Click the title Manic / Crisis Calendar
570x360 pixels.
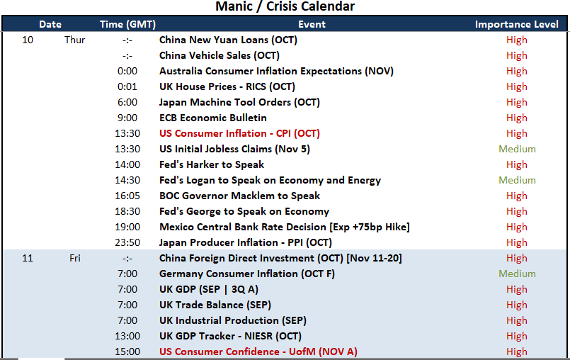coord(285,6)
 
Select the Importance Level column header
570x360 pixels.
coord(517,24)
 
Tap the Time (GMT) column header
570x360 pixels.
coord(127,24)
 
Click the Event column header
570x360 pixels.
coord(312,24)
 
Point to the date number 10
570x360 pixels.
coord(28,40)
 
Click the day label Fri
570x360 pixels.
coord(75,258)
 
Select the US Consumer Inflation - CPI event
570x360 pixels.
coord(239,134)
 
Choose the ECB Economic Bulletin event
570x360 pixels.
coord(213,118)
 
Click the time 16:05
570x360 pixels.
coord(127,196)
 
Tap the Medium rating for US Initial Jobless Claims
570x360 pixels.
coord(517,149)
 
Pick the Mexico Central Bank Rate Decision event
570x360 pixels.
coord(285,227)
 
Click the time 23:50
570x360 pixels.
coord(127,242)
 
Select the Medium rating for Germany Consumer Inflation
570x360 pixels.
coord(517,274)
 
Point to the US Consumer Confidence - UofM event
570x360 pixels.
coord(258,351)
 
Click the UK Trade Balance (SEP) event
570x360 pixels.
coord(215,305)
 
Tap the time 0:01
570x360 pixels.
coord(127,86)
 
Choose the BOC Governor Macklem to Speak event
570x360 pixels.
coord(239,196)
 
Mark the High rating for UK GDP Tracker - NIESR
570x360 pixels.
coord(517,337)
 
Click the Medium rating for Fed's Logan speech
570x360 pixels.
coord(517,180)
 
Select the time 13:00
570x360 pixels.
coord(127,336)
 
